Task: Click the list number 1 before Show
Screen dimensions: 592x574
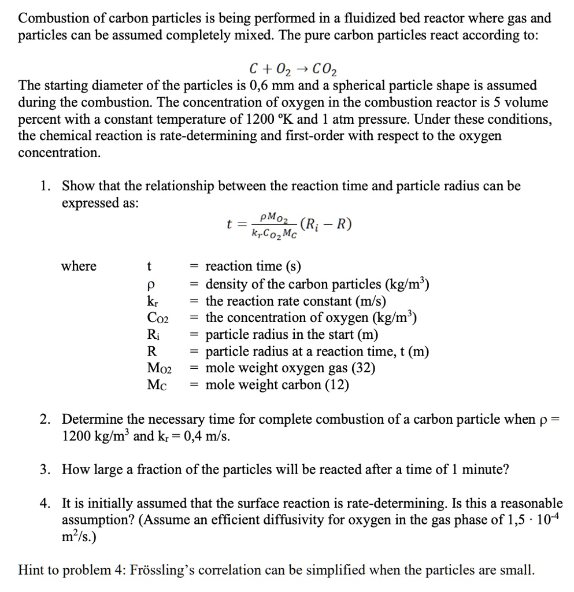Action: [x=45, y=186]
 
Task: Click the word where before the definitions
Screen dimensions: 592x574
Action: [x=79, y=266]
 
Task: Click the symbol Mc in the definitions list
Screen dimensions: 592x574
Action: [x=157, y=384]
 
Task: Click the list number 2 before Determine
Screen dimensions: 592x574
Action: [x=45, y=419]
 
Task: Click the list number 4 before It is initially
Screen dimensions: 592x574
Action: [x=45, y=503]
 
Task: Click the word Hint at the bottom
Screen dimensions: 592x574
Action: [x=34, y=571]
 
